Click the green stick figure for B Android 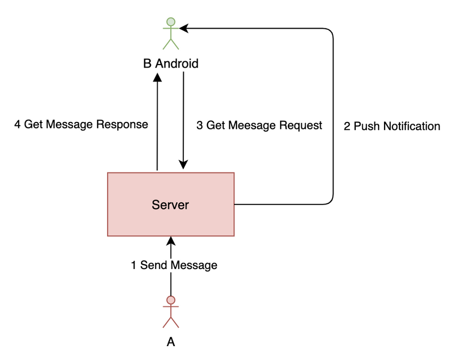[170, 35]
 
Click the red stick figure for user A [170, 313]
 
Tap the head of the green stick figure [170, 22]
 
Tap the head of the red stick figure [170, 300]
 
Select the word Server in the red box [170, 204]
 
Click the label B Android [170, 64]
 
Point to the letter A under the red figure [170, 342]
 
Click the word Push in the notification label [365, 126]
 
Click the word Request [302, 125]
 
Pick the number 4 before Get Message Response [18, 125]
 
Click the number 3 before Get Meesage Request [199, 125]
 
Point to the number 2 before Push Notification [347, 126]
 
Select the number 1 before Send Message [134, 265]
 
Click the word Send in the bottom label [152, 265]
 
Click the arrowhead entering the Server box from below [170, 240]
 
